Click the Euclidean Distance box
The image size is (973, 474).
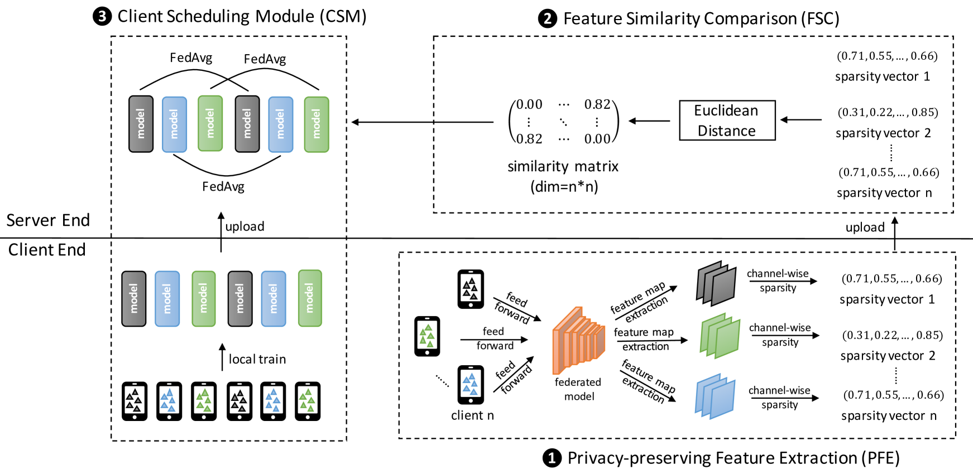pos(727,120)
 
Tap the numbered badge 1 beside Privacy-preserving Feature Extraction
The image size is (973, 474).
pos(552,458)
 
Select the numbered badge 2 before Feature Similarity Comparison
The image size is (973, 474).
pos(547,19)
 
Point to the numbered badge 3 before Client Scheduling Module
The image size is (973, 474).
pos(102,16)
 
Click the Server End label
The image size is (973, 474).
pos(48,220)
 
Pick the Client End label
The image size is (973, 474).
pos(47,250)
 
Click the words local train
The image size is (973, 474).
pos(257,359)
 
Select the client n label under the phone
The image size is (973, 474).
pos(472,415)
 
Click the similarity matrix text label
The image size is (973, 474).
pos(563,166)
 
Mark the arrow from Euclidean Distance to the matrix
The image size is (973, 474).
pos(649,120)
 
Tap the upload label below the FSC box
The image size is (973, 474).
pos(865,228)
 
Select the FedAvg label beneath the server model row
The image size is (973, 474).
pos(223,187)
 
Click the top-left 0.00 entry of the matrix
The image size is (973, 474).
pos(529,104)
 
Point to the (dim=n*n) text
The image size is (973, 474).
pos(564,186)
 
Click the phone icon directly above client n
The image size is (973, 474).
pos(471,384)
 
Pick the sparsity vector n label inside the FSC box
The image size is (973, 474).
pos(884,193)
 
